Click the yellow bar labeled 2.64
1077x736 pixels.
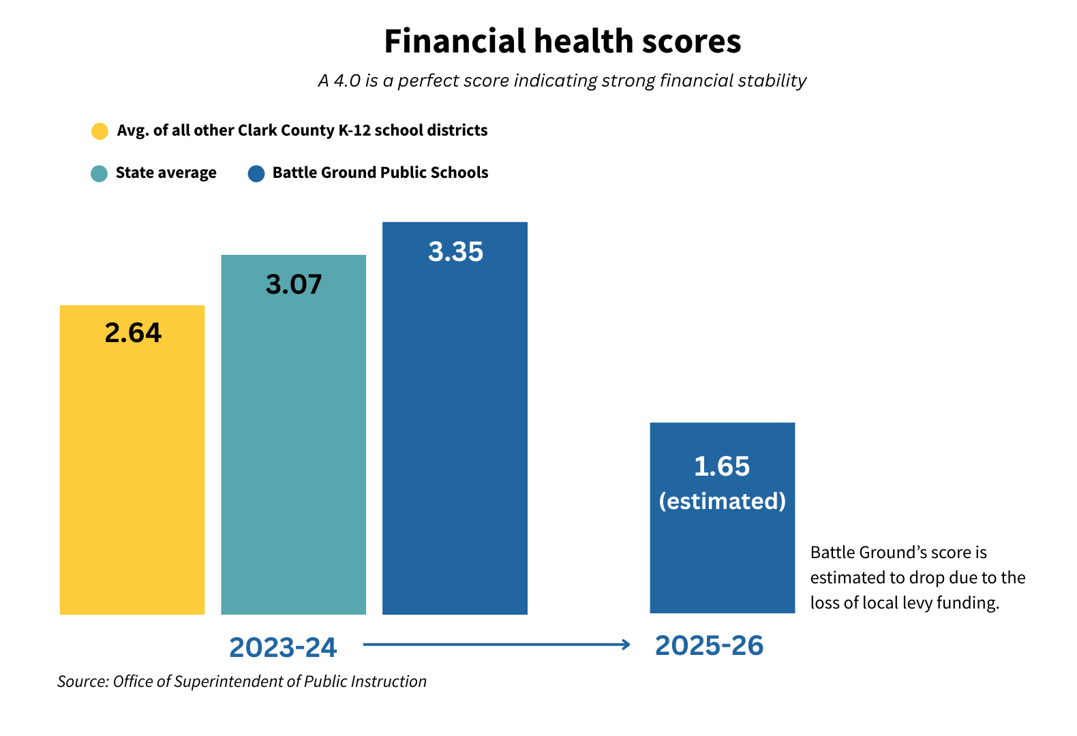tap(132, 477)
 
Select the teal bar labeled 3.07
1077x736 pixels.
tap(293, 450)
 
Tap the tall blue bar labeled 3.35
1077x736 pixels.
tap(455, 436)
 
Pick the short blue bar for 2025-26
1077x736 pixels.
tap(722, 559)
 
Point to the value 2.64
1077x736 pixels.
tap(133, 333)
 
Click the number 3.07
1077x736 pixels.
tap(293, 285)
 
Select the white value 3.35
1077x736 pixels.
tap(455, 252)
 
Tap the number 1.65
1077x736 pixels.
tap(722, 467)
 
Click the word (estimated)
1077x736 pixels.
tap(722, 502)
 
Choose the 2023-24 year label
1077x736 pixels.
tap(283, 647)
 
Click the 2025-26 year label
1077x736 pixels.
tap(709, 645)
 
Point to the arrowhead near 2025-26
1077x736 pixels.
tap(627, 644)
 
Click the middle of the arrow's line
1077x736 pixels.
tap(496, 644)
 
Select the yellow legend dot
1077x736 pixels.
tap(100, 132)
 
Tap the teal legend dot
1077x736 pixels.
tap(99, 174)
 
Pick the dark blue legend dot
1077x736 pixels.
tap(256, 174)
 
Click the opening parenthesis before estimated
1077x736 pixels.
tap(662, 502)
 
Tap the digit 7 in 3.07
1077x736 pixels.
tap(313, 285)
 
